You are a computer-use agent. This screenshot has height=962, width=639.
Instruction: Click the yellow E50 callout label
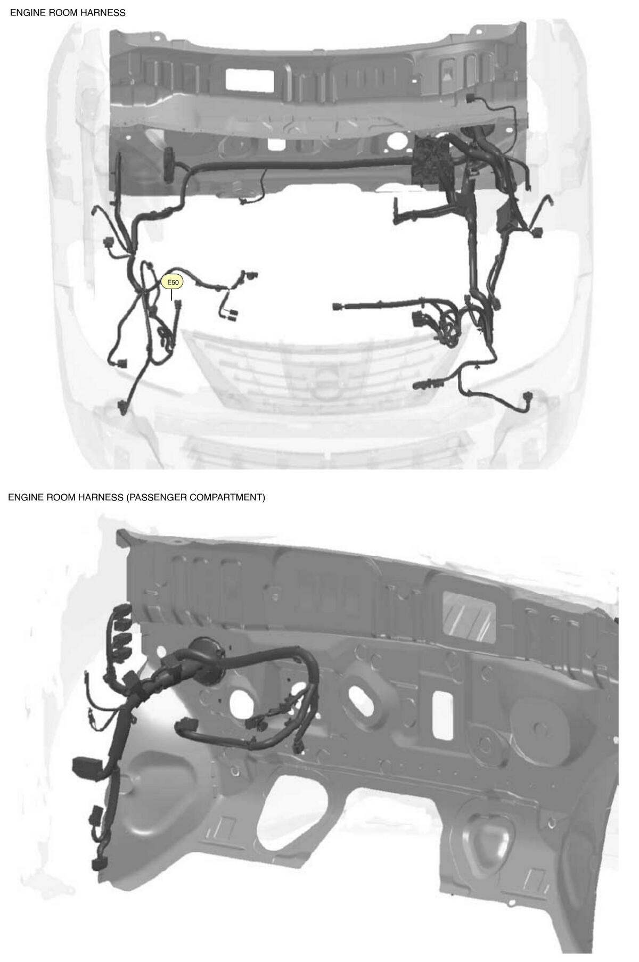tap(172, 282)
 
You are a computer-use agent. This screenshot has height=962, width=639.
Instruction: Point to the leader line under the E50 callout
tap(172, 295)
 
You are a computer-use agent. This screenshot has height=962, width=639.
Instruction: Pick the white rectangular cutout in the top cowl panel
tap(250, 79)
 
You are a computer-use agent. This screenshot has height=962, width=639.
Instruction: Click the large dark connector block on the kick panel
tap(83, 767)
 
